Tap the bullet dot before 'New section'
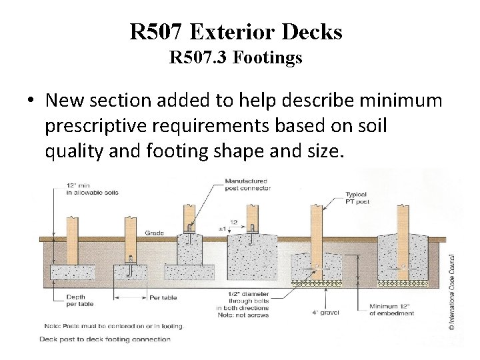coord(31,102)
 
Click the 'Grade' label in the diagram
coord(154,233)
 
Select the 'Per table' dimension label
coord(163,298)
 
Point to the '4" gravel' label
coord(312,312)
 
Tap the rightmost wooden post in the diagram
coord(403,233)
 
